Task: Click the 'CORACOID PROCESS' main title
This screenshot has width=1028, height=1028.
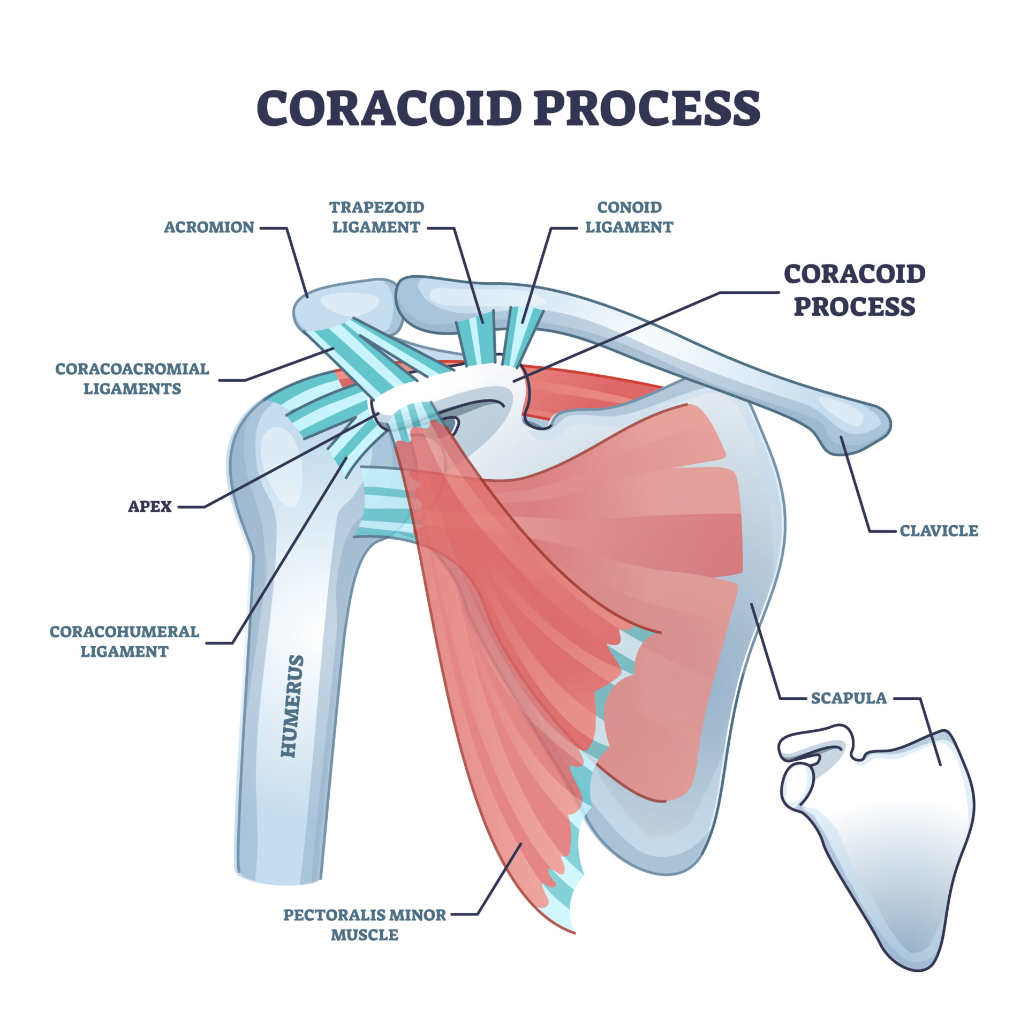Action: [x=508, y=108]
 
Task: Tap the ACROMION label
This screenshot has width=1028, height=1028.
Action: [x=209, y=227]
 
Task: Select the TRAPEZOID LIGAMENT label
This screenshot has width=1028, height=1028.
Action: [x=376, y=217]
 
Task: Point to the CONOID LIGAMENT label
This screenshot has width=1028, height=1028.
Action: [x=629, y=217]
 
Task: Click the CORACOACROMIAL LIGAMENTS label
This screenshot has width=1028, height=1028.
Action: [x=132, y=379]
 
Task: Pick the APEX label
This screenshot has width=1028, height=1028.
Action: [x=150, y=506]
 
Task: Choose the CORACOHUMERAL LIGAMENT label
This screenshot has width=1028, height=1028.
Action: [x=124, y=641]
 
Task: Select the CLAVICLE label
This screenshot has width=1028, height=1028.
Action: [x=939, y=531]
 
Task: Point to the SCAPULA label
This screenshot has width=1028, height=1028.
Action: [x=849, y=698]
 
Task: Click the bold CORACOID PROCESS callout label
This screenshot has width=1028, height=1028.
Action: [x=855, y=290]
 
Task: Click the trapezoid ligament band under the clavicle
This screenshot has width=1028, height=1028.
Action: [x=476, y=340]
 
